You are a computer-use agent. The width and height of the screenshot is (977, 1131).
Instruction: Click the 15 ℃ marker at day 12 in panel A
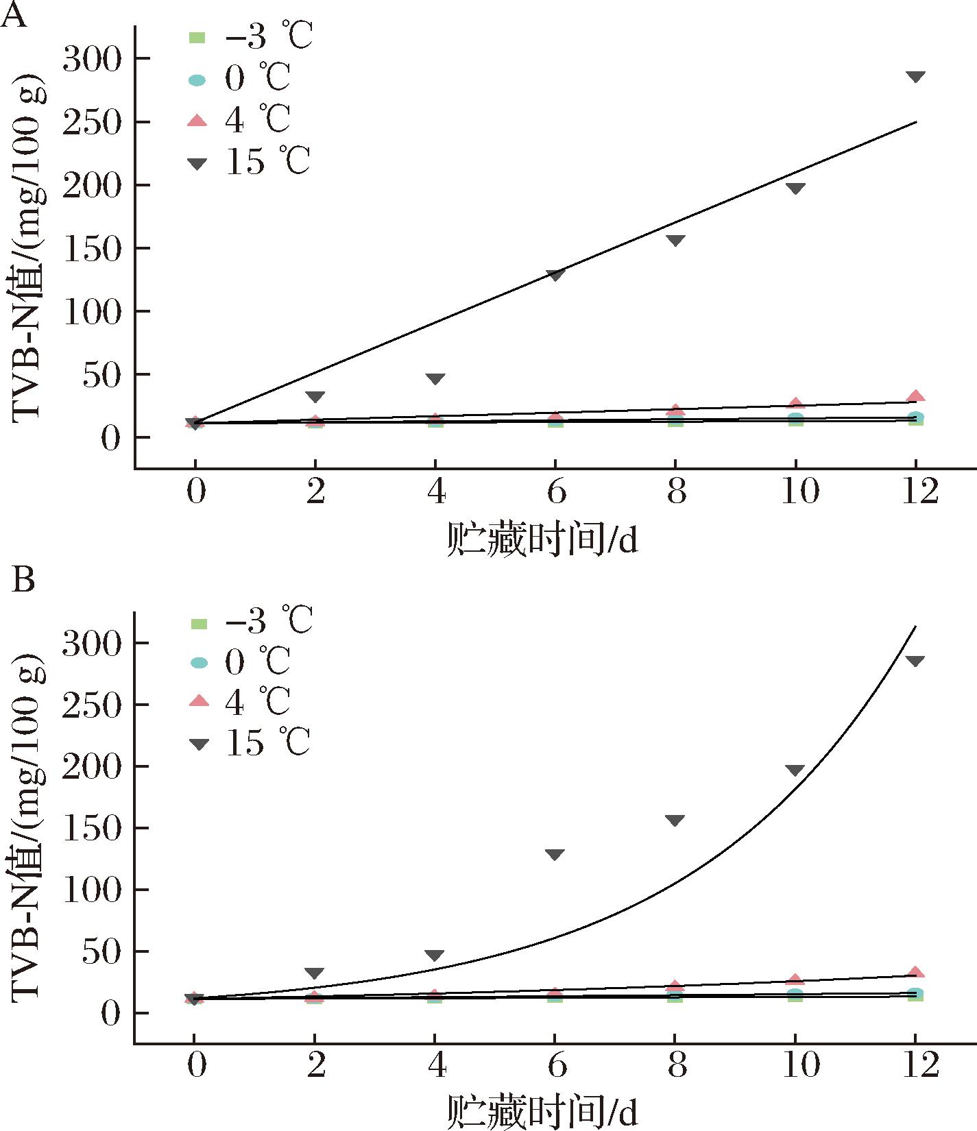coord(915,76)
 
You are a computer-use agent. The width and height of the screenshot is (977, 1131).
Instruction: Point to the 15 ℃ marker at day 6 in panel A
coord(555,274)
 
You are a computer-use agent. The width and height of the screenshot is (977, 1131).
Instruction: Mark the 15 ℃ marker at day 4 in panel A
coord(435,378)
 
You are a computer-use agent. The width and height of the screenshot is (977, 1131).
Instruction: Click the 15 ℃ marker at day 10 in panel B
coord(795,770)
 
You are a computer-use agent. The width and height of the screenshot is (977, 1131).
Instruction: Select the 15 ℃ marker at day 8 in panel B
coord(675,820)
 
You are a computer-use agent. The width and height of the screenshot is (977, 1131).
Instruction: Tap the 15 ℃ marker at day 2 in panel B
coord(315,973)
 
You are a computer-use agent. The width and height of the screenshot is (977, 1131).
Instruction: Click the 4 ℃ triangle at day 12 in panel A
coord(915,396)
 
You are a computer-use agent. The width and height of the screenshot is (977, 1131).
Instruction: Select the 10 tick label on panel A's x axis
coord(800,491)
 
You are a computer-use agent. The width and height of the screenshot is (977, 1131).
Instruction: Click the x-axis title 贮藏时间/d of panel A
coord(542,539)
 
